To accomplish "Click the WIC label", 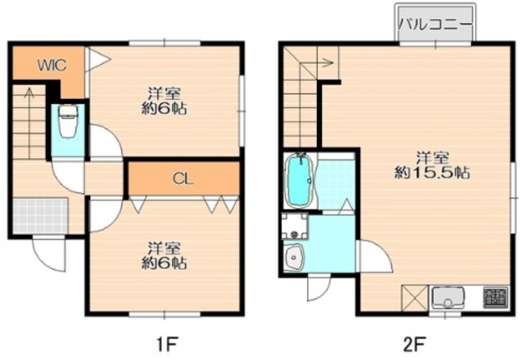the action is (x=52, y=65).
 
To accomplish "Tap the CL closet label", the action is (x=183, y=179).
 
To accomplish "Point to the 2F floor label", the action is (x=414, y=344).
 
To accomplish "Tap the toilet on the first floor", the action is (x=68, y=121).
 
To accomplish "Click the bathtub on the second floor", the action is (x=300, y=181).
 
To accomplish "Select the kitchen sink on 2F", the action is (x=448, y=298).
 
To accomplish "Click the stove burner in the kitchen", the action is (x=496, y=296).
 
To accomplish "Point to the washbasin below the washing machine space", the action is (x=293, y=257).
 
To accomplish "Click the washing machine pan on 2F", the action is (x=295, y=226).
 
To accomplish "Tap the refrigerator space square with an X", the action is (x=414, y=298).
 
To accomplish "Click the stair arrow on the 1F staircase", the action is (x=29, y=123).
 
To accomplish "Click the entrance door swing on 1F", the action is (x=49, y=254).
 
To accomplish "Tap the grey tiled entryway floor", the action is (x=40, y=216).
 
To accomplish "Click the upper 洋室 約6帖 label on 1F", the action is (x=164, y=101).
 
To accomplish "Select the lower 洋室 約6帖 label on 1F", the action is (x=164, y=255).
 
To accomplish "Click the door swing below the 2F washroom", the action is (x=318, y=289).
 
